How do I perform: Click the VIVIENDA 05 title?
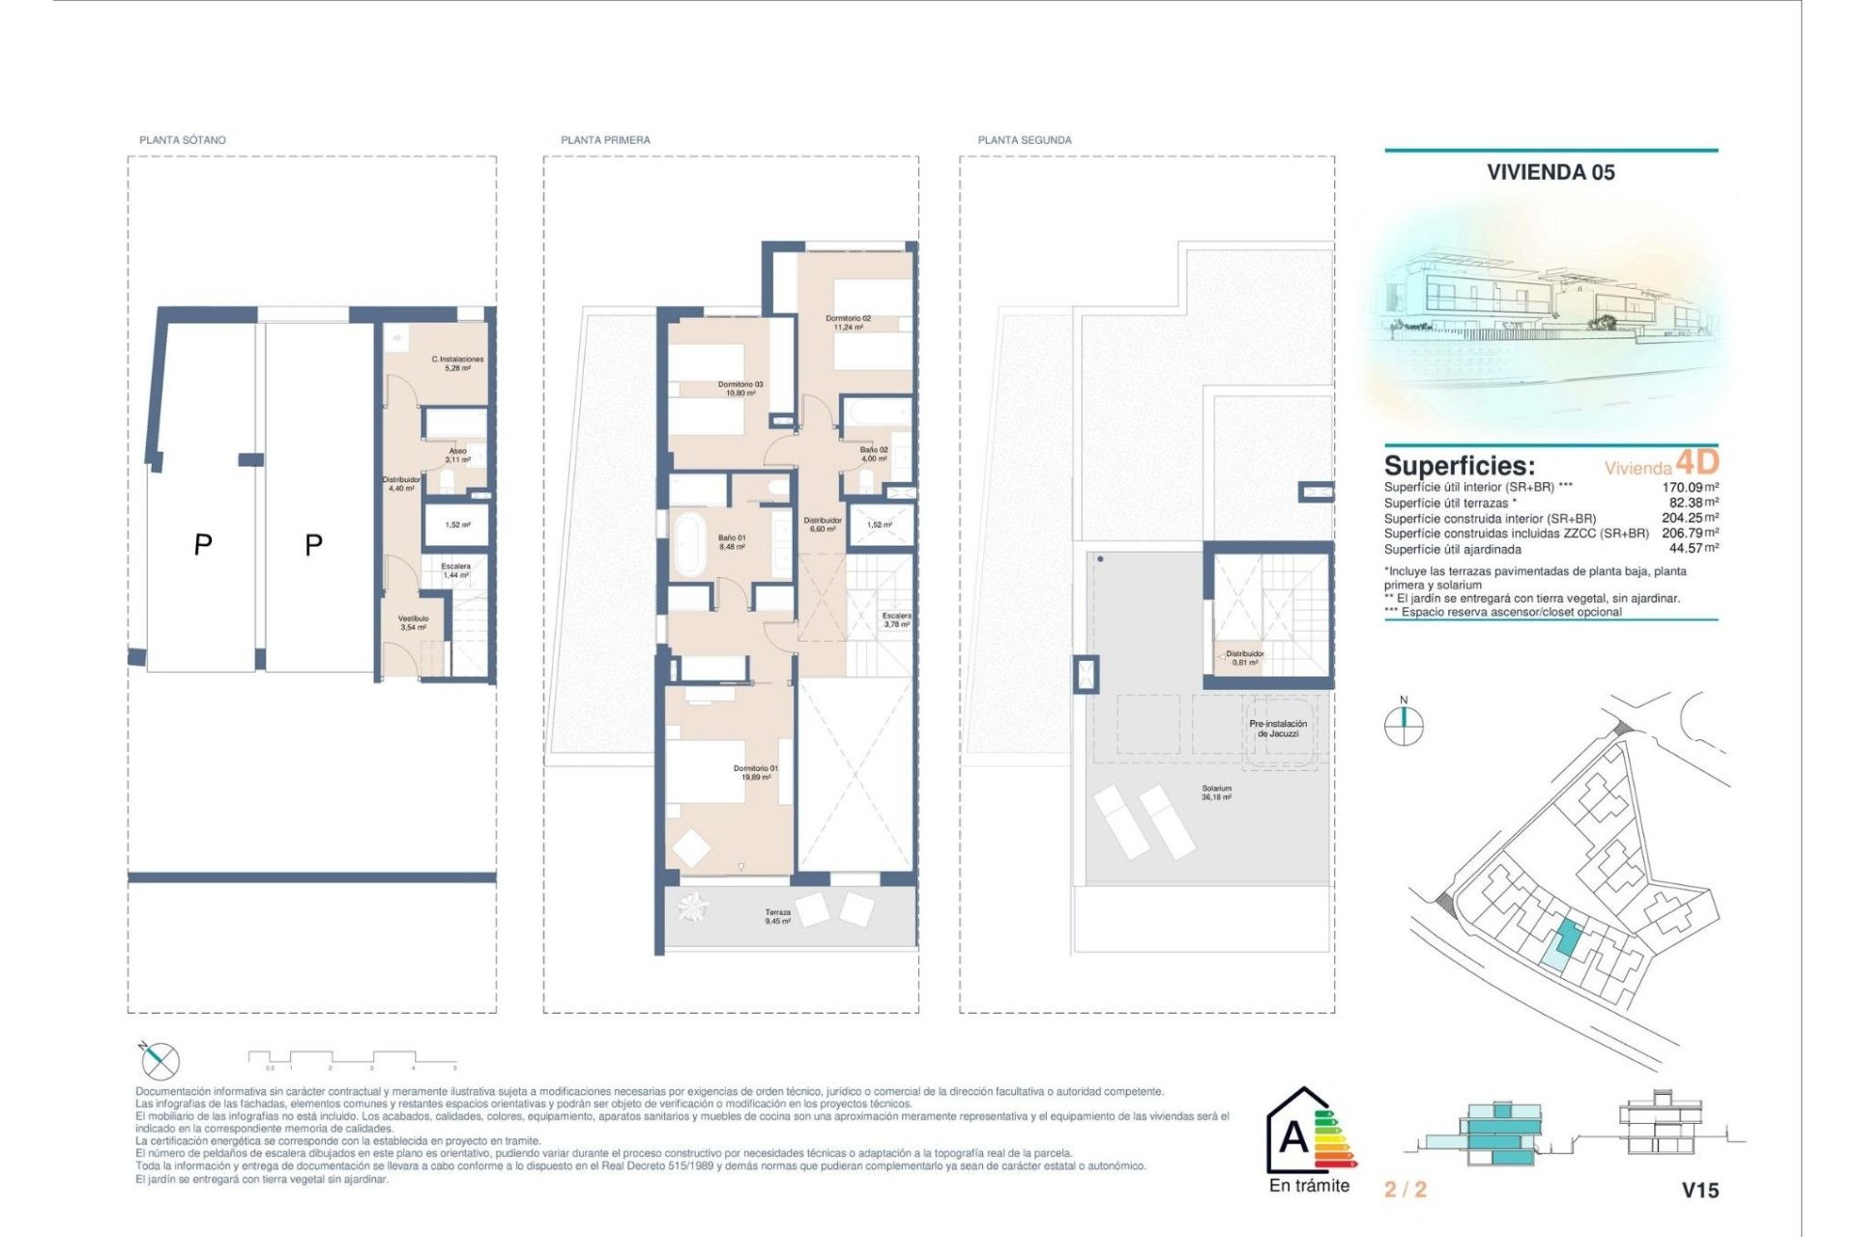[1551, 172]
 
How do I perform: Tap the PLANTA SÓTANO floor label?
[183, 140]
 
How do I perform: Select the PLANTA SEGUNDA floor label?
[1025, 140]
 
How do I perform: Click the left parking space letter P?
[203, 545]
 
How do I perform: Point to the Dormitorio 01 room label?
[755, 772]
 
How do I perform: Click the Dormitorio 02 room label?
[848, 322]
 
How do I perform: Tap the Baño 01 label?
[732, 542]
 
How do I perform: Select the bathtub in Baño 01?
[689, 544]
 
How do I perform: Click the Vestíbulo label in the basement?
[413, 622]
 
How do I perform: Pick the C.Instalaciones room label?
[457, 363]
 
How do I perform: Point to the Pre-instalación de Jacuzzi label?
[1278, 729]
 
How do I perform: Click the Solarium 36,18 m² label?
[1216, 792]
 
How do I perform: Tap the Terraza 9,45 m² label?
[778, 916]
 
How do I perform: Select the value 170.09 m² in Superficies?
[1689, 488]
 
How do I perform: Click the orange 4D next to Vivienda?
[1696, 462]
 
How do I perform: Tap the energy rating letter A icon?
[1295, 1136]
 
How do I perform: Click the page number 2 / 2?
[1405, 1190]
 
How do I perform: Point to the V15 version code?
[1699, 1191]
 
